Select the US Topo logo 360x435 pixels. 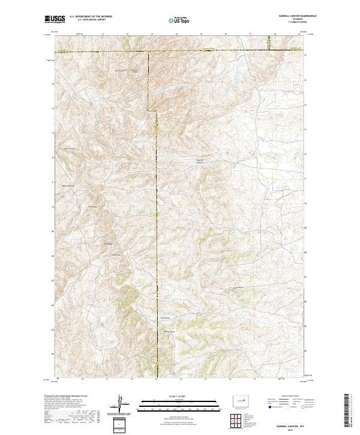click(x=179, y=20)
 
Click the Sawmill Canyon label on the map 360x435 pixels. click(x=201, y=161)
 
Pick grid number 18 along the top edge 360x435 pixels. click(x=275, y=35)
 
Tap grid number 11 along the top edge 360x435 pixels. click(x=103, y=35)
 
